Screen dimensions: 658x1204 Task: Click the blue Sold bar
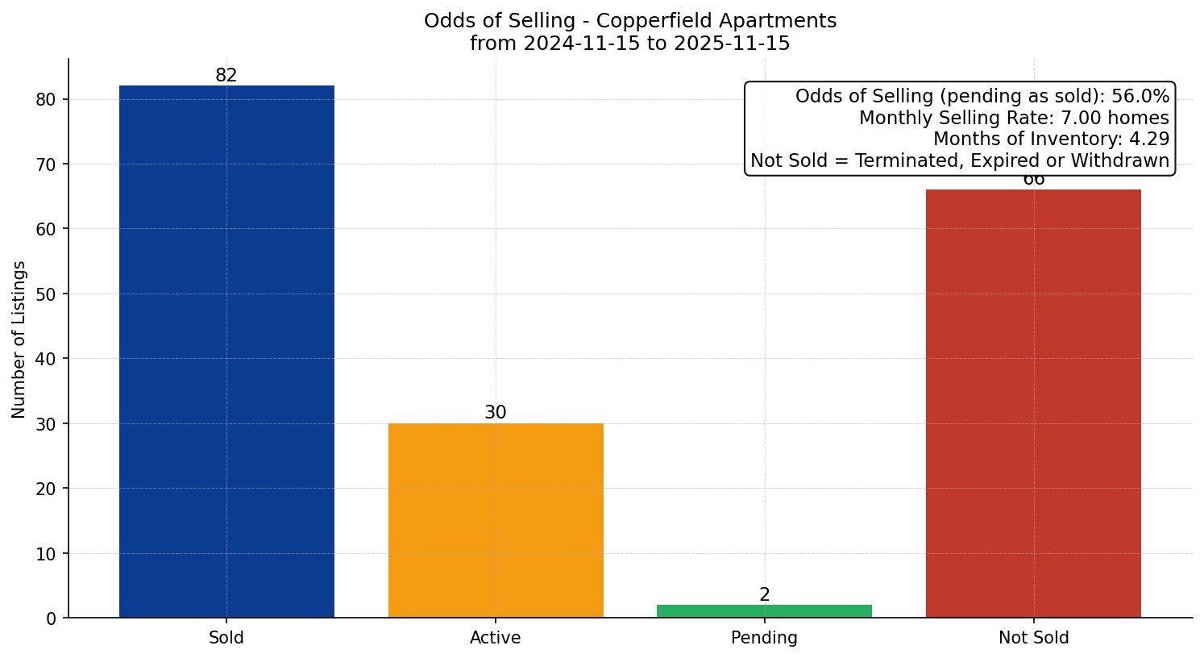point(226,352)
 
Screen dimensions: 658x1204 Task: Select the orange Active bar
point(496,520)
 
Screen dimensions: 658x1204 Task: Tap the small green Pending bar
point(764,611)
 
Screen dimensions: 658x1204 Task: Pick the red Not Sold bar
point(1033,403)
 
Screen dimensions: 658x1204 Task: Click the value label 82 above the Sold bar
point(226,75)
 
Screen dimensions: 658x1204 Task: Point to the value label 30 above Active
point(496,412)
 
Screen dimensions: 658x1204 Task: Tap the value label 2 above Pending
point(764,595)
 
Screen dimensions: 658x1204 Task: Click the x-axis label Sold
point(226,638)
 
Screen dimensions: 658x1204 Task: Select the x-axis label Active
point(496,638)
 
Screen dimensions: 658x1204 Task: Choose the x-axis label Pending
point(764,638)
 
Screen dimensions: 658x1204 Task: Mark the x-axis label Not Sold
point(1033,638)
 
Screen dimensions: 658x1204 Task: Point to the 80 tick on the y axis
point(47,100)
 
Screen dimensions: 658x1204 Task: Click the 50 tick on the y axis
point(47,294)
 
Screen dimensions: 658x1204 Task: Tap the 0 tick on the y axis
point(52,618)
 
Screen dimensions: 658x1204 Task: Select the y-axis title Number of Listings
point(19,339)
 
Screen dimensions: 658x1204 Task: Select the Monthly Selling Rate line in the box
point(1013,119)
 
